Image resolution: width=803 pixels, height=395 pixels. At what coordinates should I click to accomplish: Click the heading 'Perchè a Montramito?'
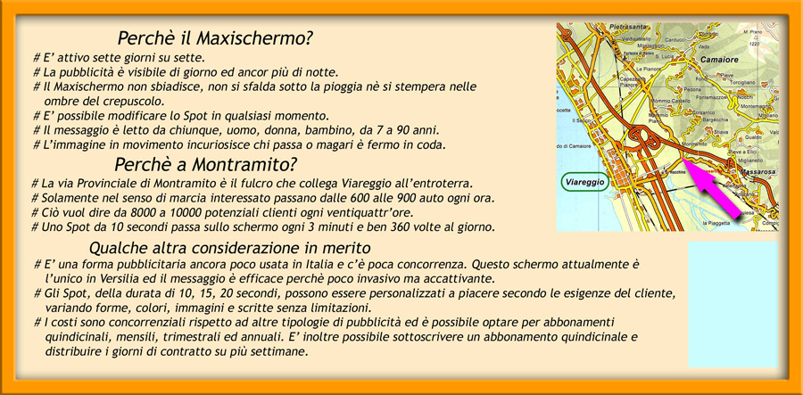tap(205, 164)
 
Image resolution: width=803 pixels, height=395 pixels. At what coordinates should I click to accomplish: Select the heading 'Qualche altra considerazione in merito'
tap(230, 247)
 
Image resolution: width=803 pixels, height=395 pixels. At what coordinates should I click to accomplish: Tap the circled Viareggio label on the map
tap(585, 182)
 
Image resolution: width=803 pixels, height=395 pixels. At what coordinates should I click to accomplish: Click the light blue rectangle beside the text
tap(732, 303)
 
